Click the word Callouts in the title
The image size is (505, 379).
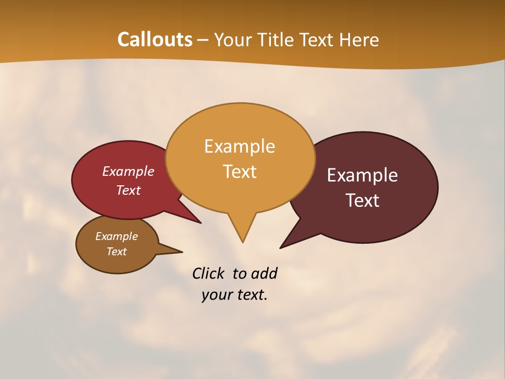click(155, 39)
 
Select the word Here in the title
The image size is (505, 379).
click(359, 39)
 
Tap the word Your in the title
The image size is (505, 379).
click(235, 39)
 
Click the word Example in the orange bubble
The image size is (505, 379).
click(239, 146)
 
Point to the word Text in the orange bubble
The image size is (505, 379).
click(240, 172)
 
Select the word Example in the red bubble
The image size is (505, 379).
click(128, 171)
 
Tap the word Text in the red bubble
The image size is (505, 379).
click(128, 190)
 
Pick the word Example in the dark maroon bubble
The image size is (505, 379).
click(362, 175)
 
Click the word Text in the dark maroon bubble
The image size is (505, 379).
click(363, 201)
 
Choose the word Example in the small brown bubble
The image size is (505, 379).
click(116, 236)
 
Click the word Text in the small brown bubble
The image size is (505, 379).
click(117, 252)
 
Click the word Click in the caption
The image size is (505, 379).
click(208, 273)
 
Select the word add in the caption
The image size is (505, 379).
click(264, 273)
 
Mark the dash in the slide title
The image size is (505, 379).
click(203, 40)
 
